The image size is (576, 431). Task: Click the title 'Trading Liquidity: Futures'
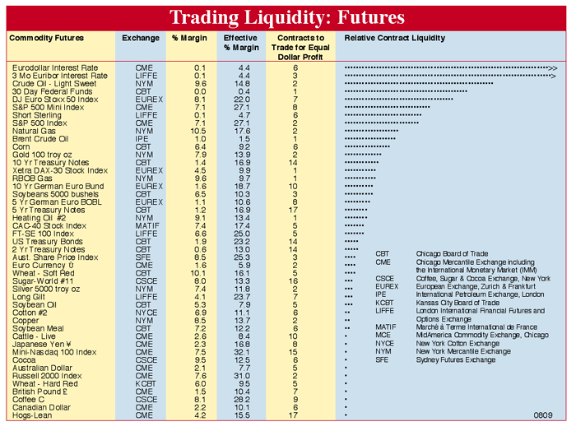[x=287, y=17]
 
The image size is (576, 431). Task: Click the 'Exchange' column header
[x=141, y=39]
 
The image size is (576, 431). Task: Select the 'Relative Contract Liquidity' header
[x=395, y=39]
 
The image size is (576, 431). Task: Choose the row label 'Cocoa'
[x=24, y=359]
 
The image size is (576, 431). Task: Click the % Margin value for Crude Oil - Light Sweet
[x=200, y=83]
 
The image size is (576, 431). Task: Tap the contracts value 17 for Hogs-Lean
[x=294, y=415]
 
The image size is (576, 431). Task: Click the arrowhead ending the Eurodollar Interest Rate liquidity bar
[x=553, y=67]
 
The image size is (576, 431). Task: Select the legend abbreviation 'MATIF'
[x=386, y=327]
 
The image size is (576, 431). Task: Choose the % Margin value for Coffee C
[x=200, y=399]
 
